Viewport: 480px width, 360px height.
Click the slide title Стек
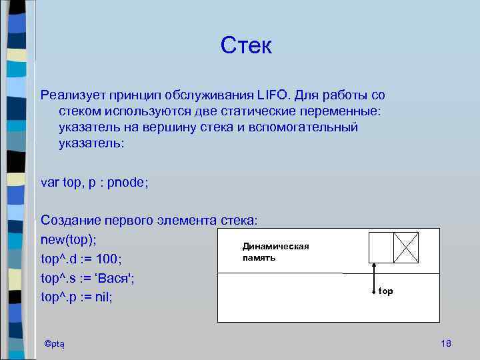coord(247,46)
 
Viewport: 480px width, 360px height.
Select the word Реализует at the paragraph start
coord(71,95)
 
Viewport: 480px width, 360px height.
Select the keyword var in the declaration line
coord(50,183)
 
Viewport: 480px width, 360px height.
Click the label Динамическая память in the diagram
coord(275,252)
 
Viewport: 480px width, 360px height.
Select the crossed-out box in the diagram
coord(406,247)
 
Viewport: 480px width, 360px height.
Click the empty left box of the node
coord(381,247)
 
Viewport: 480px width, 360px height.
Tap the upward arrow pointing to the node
coord(375,277)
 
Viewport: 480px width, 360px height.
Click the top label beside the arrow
coord(386,291)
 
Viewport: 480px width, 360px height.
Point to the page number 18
coord(446,343)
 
